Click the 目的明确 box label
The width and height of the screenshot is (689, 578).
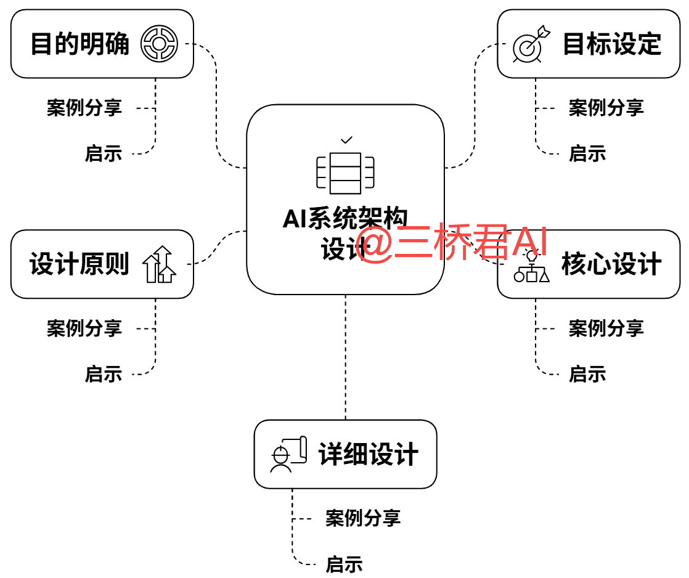[x=79, y=44]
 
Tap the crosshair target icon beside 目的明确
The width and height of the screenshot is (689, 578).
[x=159, y=44]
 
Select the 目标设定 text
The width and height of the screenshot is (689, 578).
[x=611, y=44]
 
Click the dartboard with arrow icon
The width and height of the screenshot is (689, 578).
[x=530, y=44]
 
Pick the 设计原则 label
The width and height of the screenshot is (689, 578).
[x=79, y=264]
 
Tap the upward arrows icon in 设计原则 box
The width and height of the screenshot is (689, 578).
[x=159, y=264]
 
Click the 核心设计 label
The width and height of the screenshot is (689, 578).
[x=611, y=264]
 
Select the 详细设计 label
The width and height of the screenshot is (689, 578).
[x=368, y=455]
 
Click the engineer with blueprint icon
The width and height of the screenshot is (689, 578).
[x=287, y=455]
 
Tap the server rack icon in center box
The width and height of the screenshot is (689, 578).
[x=345, y=173]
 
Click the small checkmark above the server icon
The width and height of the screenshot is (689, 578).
[x=346, y=140]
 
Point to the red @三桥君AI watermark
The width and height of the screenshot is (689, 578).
[x=452, y=243]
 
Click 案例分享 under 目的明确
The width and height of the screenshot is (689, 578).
[x=84, y=108]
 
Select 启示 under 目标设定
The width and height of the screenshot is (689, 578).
[x=587, y=153]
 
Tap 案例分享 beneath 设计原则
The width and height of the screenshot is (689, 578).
[x=84, y=328]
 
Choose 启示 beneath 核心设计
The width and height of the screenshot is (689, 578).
[x=587, y=373]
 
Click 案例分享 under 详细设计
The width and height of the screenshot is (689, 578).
[x=363, y=518]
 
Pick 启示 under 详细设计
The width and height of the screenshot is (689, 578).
[x=344, y=564]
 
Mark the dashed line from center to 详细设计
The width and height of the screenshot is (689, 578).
[x=345, y=357]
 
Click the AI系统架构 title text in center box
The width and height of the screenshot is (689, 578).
[x=345, y=218]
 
